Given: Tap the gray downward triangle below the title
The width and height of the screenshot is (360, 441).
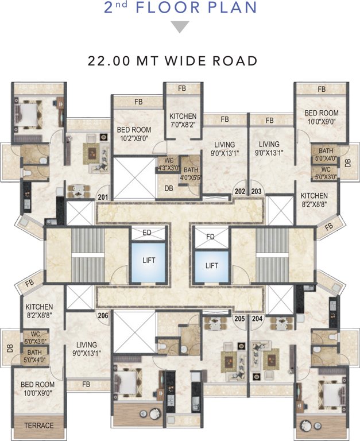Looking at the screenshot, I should tap(180, 27).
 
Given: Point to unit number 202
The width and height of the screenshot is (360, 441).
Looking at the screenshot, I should tap(240, 191).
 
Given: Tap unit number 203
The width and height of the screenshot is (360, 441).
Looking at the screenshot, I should tap(256, 191).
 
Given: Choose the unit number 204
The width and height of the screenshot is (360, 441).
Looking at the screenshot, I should tap(256, 318).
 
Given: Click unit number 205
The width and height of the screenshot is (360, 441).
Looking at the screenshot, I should tap(240, 318).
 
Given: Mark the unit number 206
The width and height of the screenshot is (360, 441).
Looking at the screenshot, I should tap(103, 315).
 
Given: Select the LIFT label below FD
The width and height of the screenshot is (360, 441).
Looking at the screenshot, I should tap(212, 265).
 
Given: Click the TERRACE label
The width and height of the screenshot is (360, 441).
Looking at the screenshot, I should tap(38, 425).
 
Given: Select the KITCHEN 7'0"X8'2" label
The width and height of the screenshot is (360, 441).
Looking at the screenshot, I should tap(183, 121).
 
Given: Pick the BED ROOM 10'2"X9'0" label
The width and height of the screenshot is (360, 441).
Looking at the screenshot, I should tap(134, 134).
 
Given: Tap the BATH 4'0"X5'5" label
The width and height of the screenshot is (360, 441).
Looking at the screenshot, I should tap(191, 174).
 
